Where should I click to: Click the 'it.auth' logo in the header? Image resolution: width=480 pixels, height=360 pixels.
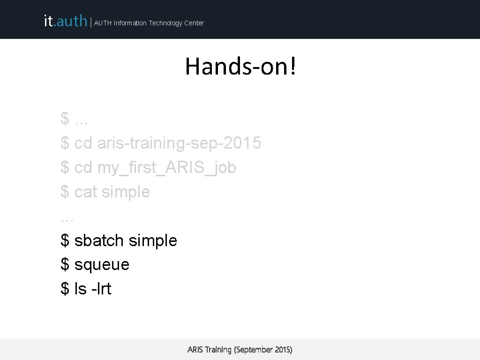[65, 21]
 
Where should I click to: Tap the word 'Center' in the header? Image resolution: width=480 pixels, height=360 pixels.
[194, 23]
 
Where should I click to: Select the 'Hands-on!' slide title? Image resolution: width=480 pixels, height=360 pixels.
[240, 66]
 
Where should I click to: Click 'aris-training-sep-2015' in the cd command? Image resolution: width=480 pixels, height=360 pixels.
[179, 143]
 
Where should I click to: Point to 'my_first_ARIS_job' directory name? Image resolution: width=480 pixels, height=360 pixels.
[166, 167]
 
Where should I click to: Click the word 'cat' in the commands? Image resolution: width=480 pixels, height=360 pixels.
[86, 192]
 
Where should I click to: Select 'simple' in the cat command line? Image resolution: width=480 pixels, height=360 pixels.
[126, 192]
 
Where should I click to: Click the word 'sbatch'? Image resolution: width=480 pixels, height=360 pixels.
[99, 240]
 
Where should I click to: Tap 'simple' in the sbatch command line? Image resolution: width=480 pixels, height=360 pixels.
[153, 240]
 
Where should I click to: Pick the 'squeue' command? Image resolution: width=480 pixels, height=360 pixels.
[102, 265]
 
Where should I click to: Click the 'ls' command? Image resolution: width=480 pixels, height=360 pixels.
[81, 289]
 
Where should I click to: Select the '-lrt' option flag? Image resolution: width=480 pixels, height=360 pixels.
[101, 289]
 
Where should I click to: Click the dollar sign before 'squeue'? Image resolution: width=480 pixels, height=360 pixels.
[65, 265]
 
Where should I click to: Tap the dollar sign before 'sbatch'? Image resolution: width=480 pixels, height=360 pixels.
[65, 240]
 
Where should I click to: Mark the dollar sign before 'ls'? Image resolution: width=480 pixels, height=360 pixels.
[65, 289]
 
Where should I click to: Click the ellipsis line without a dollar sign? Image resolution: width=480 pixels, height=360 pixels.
[67, 218]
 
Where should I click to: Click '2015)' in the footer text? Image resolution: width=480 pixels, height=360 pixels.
[283, 350]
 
